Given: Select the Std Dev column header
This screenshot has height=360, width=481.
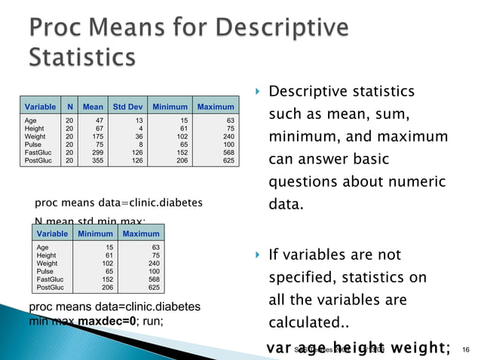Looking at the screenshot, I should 125,107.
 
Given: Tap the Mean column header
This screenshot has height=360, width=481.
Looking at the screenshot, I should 93,107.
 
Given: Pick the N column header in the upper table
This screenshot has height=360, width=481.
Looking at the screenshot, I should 69,107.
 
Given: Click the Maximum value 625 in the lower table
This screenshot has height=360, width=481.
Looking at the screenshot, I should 152,287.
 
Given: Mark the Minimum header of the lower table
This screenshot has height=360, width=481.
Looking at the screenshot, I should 94,233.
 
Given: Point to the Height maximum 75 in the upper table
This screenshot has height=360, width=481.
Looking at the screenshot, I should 229,128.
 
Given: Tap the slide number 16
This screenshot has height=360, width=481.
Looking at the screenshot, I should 465,349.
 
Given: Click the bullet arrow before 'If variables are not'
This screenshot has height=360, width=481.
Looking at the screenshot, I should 257,255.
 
